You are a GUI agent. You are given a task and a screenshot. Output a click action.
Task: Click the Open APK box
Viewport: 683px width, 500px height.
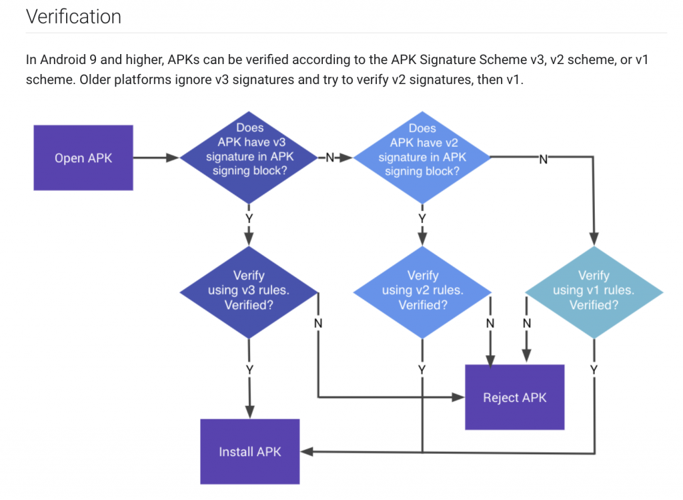(83, 158)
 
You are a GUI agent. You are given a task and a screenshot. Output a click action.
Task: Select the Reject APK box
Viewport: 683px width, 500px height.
(514, 397)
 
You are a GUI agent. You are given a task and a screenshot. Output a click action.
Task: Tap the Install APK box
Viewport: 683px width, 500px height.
(249, 452)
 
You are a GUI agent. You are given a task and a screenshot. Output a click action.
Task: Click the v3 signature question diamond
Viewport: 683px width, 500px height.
(249, 158)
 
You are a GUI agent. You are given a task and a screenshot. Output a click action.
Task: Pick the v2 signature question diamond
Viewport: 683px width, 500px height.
(422, 158)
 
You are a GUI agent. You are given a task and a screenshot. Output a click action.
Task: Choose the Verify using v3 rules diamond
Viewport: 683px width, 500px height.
(249, 292)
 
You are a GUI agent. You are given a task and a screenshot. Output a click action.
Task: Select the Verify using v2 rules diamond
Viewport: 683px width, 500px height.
(422, 292)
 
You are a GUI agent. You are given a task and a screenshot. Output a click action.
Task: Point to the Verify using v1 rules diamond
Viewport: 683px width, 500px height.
(594, 292)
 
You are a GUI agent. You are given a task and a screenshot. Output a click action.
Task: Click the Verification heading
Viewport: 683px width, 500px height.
(73, 17)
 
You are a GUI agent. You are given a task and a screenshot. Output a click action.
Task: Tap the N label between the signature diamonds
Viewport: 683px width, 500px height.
(329, 158)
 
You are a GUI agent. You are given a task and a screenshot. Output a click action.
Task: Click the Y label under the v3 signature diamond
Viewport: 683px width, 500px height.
(249, 218)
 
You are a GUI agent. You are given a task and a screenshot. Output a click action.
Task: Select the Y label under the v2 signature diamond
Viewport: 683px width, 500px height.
(422, 218)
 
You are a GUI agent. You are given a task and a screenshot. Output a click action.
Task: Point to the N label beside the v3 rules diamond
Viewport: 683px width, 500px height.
(318, 324)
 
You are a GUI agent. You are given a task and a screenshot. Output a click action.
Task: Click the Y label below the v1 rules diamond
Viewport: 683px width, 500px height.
(594, 370)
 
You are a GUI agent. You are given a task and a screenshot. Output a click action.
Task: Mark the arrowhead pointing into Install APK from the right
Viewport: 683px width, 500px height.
(307, 452)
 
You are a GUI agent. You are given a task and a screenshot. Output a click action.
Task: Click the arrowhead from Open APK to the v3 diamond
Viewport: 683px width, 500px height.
(173, 158)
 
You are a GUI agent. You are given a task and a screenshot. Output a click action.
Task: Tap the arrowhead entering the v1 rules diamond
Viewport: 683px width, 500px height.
(594, 239)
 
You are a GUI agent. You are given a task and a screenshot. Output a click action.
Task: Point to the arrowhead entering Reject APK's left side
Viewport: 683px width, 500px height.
(458, 397)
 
